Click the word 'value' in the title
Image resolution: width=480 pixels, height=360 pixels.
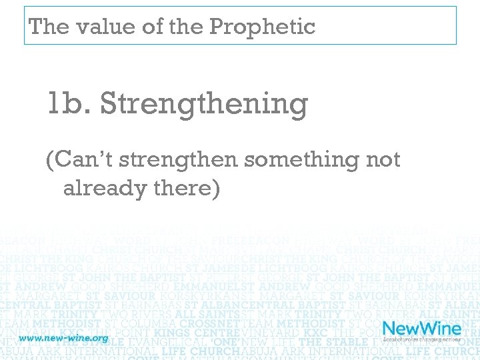[93, 27]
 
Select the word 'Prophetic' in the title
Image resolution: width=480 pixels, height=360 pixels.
[262, 27]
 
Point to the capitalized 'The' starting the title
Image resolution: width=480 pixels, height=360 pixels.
[48, 27]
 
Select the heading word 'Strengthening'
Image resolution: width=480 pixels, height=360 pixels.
[203, 105]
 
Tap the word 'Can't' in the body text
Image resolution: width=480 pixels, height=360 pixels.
[78, 160]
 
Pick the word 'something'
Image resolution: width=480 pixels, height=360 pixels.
[301, 160]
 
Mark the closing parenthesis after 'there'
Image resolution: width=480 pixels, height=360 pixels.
[215, 189]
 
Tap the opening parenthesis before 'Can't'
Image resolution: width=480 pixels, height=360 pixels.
[50, 161]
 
